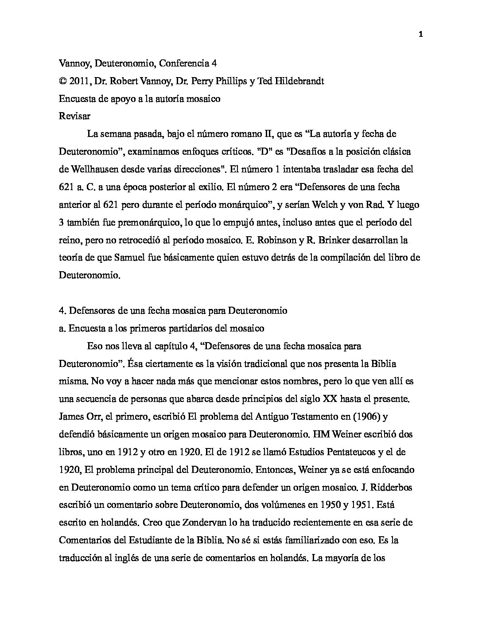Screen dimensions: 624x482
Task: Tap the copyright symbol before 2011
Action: [62, 81]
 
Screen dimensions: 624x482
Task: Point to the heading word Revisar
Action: [74, 116]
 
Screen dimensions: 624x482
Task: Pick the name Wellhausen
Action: [92, 169]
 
